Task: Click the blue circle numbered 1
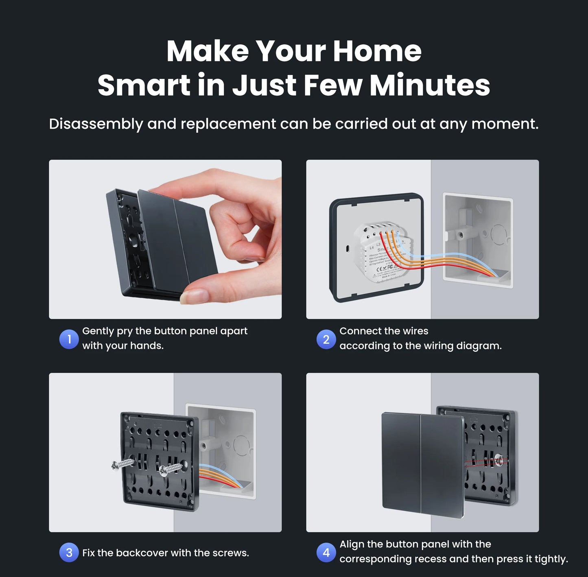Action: tap(69, 339)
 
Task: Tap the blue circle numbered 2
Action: tap(326, 339)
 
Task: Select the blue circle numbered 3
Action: tap(69, 553)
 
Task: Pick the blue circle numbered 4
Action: tap(326, 553)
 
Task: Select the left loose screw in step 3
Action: tap(122, 464)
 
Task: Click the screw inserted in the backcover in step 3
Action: tap(171, 469)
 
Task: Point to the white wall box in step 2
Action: tap(478, 240)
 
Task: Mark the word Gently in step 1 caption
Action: tap(98, 331)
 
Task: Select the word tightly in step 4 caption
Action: tap(551, 559)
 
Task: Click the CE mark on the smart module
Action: tap(379, 269)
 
